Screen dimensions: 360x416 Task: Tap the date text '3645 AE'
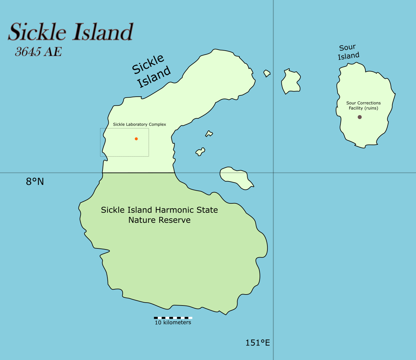pos(38,52)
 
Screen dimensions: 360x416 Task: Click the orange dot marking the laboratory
pos(136,139)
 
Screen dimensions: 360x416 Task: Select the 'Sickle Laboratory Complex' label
pos(140,125)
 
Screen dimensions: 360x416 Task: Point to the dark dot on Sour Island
pos(360,117)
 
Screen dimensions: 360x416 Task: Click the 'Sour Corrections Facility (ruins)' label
pos(363,105)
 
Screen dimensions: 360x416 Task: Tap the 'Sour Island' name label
pos(349,52)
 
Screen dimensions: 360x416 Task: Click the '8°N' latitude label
pos(35,182)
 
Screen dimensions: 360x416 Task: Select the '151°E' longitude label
pos(258,343)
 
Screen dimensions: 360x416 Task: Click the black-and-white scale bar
pos(173,318)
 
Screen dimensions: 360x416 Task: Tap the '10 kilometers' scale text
pos(173,323)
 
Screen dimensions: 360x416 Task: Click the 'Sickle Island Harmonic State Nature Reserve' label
pos(159,215)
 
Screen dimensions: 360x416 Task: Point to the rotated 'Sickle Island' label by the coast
pos(152,71)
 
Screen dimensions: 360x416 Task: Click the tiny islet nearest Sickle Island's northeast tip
pos(267,73)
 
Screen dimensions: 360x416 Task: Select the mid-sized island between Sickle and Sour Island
pos(291,82)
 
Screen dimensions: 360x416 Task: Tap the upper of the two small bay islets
pos(209,134)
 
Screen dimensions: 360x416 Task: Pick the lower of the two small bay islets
pos(200,151)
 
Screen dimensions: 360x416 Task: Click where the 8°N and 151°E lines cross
pos(273,173)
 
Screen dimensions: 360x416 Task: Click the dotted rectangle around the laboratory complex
pos(125,128)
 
